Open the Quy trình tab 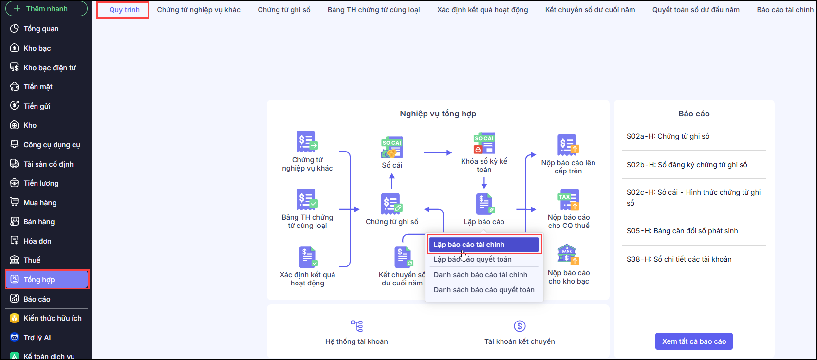(124, 10)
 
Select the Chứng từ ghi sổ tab (284, 10)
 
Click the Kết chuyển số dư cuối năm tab (590, 10)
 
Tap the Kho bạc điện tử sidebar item (49, 68)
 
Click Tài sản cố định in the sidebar (48, 164)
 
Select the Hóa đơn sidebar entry (37, 241)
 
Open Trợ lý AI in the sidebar (37, 338)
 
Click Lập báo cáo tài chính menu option (483, 245)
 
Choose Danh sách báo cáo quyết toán (483, 290)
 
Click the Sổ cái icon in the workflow (392, 148)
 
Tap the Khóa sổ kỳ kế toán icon (484, 144)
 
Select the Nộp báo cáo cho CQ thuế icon (568, 200)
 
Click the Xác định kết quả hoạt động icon (307, 257)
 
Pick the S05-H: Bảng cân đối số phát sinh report (682, 231)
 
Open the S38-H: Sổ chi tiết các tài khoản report (679, 259)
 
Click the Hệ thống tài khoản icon (357, 326)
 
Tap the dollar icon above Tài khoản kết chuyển (520, 326)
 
